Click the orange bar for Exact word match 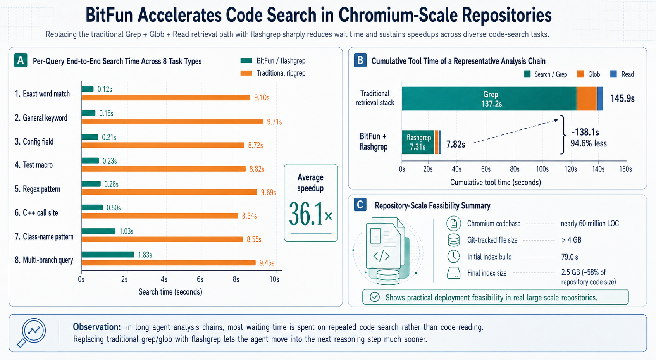coord(166,98)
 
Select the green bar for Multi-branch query coord(108,255)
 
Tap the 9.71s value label coord(274,122)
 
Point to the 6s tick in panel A coord(200,279)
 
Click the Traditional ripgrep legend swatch coord(246,73)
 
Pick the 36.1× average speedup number coord(311,215)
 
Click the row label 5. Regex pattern coord(38,189)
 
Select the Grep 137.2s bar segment coord(489,99)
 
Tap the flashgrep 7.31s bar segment coord(418,142)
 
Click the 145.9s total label coord(622,98)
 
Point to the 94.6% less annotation coord(589,143)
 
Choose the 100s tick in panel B coord(542,169)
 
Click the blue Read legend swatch coord(613,74)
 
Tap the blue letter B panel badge coord(360,60)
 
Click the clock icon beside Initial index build coord(454,257)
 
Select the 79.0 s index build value coord(570,257)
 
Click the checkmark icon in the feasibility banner coord(375,297)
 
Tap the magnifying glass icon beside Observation coord(32,332)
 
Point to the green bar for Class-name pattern coord(98,231)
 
